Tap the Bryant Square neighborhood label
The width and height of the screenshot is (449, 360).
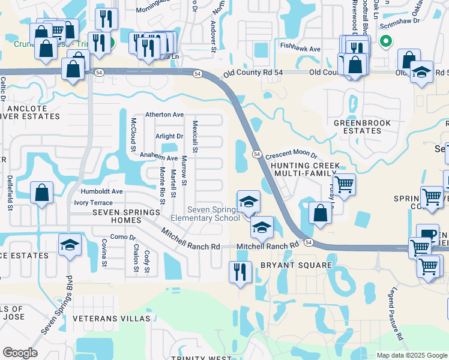296,265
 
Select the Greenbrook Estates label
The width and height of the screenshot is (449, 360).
362,127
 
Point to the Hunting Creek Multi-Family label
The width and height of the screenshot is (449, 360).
306,169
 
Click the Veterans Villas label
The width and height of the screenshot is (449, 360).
111,318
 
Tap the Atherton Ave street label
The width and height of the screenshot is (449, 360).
164,115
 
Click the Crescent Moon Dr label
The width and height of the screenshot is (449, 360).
291,155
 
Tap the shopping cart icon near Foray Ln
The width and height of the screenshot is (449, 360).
344,184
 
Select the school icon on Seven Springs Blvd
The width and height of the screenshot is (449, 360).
70,245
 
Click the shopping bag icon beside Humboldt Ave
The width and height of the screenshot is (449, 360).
41,193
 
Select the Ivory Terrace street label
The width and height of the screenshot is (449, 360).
94,203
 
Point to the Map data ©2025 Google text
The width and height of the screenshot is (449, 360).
411,355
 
